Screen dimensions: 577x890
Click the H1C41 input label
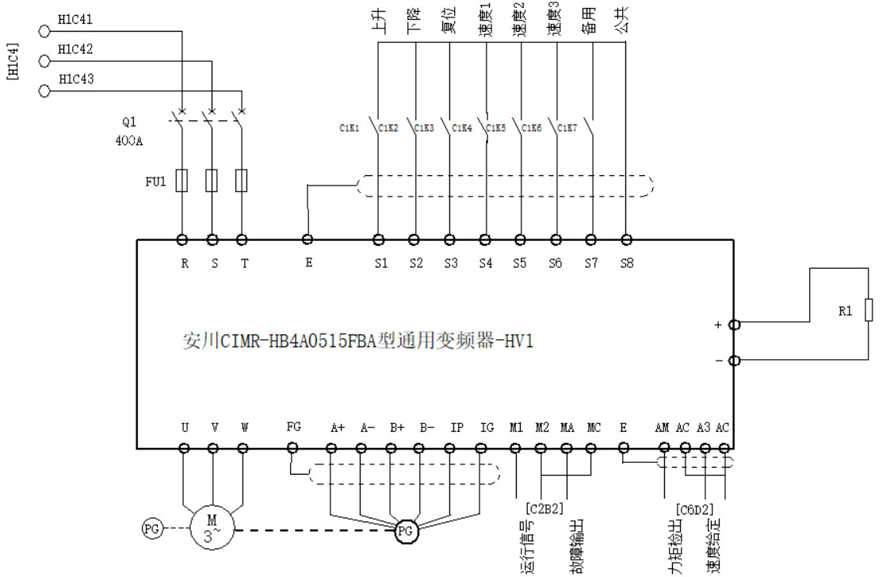[x=75, y=19]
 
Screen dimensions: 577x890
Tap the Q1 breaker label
[x=129, y=123]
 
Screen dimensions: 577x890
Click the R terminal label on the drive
[x=185, y=265]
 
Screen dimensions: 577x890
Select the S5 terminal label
[x=520, y=265]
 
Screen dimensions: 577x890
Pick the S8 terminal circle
[x=626, y=239]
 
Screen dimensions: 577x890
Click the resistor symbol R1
[x=869, y=311]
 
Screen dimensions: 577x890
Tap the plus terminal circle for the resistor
[x=734, y=324]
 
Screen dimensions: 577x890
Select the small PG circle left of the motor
[x=151, y=528]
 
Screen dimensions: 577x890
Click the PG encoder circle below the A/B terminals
[x=406, y=532]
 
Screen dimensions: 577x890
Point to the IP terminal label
[x=457, y=428]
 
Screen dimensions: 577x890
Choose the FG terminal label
[x=294, y=427]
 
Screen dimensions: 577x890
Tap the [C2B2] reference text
[x=544, y=507]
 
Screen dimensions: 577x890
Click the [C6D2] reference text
[x=695, y=508]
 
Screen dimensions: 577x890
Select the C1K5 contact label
[x=496, y=128]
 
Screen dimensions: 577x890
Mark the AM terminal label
[x=663, y=428]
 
